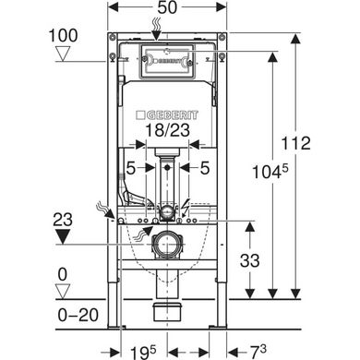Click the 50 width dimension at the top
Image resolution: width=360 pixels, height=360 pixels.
(x=167, y=7)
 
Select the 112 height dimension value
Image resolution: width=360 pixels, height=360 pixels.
(x=296, y=143)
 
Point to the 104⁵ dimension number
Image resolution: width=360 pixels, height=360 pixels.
(x=270, y=171)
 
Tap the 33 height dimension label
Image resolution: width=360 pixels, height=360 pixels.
(x=250, y=260)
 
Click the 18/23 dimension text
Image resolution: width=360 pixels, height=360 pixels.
(x=167, y=130)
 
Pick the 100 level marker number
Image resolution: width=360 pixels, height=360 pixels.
(x=64, y=35)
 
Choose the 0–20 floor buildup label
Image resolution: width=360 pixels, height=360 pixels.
(x=78, y=315)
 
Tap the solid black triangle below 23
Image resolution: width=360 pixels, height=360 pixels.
(x=63, y=236)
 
